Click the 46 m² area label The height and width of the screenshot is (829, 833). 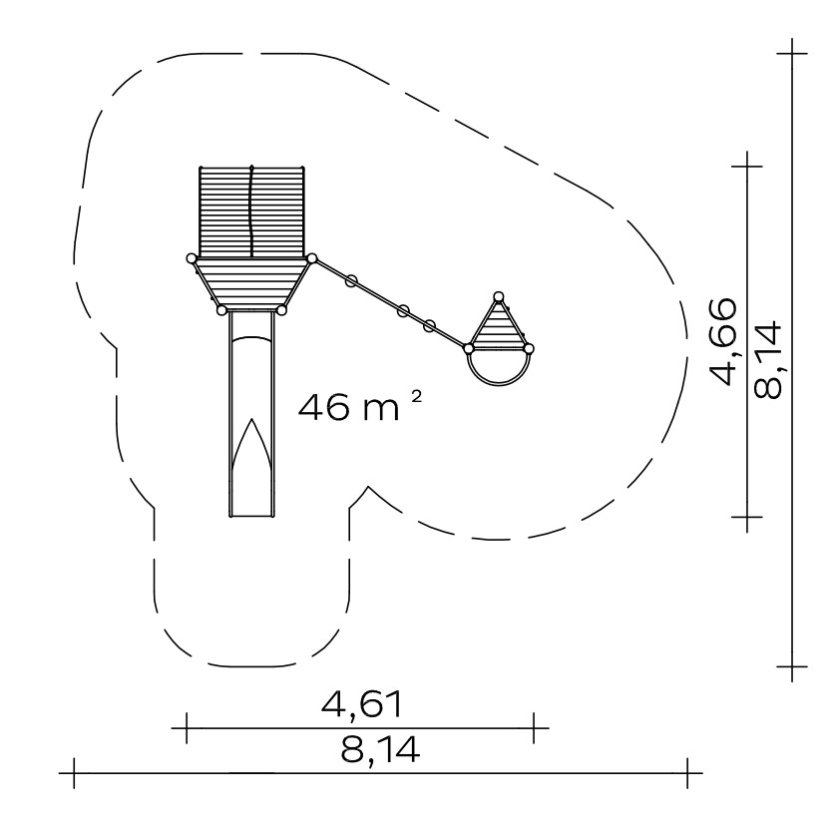click(x=361, y=406)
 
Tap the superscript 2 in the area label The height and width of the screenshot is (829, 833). click(x=417, y=396)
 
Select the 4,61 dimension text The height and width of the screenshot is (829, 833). click(x=362, y=704)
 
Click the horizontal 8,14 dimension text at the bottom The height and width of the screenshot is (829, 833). click(x=380, y=749)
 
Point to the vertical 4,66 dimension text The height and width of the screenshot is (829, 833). click(x=723, y=341)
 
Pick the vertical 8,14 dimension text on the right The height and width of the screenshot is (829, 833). click(x=767, y=360)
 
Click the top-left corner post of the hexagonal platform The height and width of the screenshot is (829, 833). click(x=192, y=258)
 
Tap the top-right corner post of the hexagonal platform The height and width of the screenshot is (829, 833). click(x=312, y=258)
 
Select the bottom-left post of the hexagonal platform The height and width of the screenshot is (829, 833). click(x=221, y=310)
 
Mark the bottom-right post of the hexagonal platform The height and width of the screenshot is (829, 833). click(x=282, y=310)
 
